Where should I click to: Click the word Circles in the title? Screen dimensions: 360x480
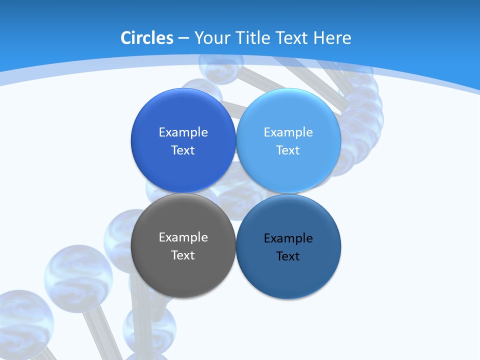click(x=146, y=38)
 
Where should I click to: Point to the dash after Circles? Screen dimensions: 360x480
click(x=183, y=38)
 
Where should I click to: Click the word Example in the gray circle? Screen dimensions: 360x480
click(x=183, y=237)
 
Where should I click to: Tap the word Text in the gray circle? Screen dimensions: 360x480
click(x=183, y=255)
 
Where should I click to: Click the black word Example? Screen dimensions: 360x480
click(x=288, y=238)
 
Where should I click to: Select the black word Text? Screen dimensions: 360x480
click(x=288, y=256)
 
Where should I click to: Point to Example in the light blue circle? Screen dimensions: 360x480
click(x=288, y=132)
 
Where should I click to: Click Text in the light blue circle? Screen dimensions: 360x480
click(x=288, y=150)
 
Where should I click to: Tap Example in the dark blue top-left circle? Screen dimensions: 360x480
click(x=183, y=132)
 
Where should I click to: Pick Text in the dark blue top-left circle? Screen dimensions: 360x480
click(x=183, y=150)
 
